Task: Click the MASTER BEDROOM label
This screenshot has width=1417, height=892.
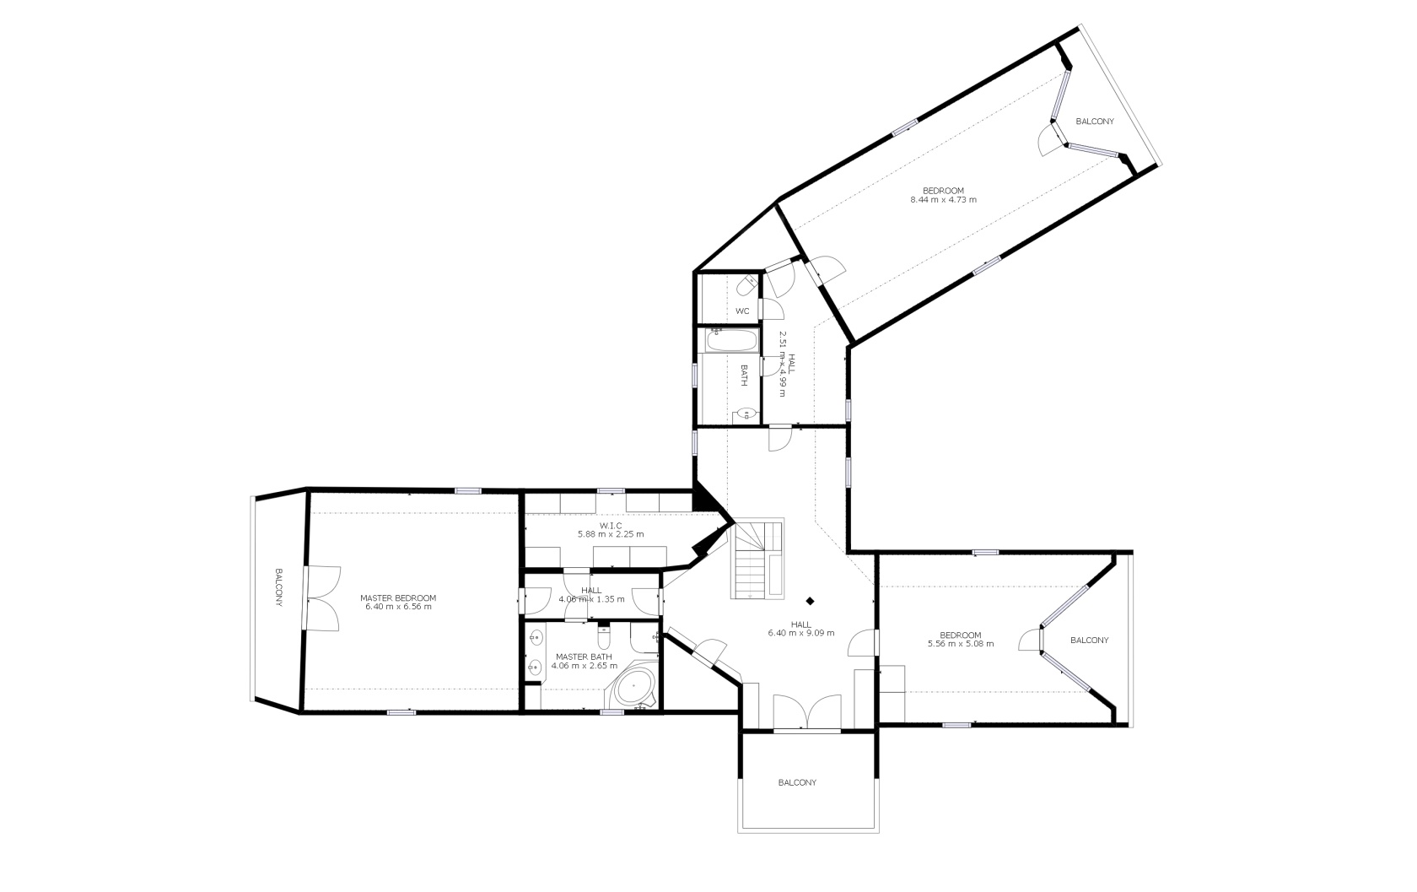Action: (398, 597)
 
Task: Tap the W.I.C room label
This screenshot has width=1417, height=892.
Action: (611, 526)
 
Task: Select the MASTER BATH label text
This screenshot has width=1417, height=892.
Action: (584, 657)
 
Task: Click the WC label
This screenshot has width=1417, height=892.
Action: (742, 311)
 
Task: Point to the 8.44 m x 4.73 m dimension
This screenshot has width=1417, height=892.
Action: (943, 199)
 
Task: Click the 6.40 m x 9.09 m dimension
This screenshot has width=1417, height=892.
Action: (801, 632)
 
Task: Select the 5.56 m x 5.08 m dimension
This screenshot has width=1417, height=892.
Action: (960, 644)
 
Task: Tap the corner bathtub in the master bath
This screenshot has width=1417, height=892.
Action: (633, 686)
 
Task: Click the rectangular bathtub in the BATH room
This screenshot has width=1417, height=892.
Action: (732, 341)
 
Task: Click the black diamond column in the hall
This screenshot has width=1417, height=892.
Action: (810, 601)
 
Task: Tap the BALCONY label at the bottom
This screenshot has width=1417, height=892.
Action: (797, 782)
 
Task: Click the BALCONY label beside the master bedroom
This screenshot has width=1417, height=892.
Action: (279, 587)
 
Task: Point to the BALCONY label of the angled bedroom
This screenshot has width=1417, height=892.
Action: (1095, 121)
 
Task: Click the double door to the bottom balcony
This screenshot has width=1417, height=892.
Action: (807, 713)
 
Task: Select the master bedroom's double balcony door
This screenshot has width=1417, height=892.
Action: (322, 598)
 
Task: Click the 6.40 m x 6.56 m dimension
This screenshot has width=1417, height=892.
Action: (398, 607)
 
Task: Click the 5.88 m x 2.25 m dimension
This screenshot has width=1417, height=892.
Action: (611, 534)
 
